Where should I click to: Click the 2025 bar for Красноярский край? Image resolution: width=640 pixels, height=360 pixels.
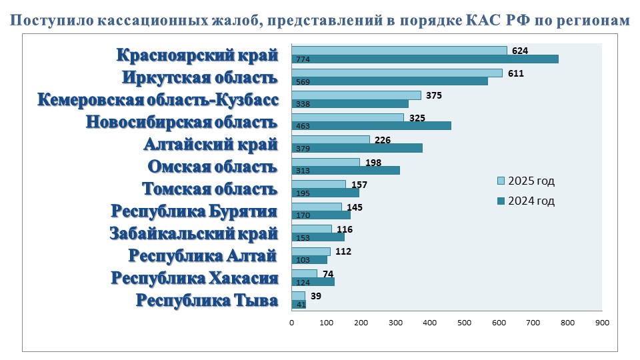coord(399,50)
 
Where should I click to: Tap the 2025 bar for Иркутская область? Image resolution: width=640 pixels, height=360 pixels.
coord(397,73)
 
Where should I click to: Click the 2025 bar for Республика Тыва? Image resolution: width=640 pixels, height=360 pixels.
coord(298,295)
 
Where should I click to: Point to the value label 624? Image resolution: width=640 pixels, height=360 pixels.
coord(520,50)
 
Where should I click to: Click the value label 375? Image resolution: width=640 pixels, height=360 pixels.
coord(434,95)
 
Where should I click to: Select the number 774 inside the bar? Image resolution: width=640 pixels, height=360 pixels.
coord(302,59)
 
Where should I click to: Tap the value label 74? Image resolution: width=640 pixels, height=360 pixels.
coord(327,274)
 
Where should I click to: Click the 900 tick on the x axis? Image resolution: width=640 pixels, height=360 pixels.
coord(602,323)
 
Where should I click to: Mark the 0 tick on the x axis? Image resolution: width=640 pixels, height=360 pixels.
coord(292,323)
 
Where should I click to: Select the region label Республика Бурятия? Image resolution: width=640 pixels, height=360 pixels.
coord(194,211)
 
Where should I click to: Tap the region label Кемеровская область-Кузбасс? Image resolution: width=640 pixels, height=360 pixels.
coord(157,100)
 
